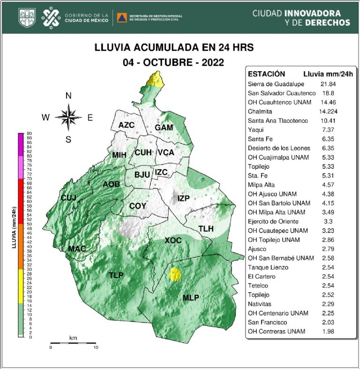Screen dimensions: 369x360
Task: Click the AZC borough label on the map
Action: click(x=127, y=125)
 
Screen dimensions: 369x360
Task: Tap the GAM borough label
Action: click(x=164, y=128)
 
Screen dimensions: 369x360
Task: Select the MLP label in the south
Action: click(x=190, y=298)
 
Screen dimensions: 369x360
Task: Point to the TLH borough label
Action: click(x=206, y=228)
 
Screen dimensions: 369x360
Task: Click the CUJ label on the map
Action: click(x=68, y=198)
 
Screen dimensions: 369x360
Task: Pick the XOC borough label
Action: click(x=173, y=241)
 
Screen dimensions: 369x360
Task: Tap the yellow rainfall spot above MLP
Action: click(x=175, y=273)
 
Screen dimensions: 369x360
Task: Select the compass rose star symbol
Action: click(x=68, y=117)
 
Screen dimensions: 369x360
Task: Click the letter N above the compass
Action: click(x=68, y=96)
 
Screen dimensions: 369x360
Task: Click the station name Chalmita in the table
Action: click(x=259, y=112)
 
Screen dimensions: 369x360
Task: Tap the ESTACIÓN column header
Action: click(x=266, y=74)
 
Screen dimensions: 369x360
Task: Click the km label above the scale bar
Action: click(x=73, y=338)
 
